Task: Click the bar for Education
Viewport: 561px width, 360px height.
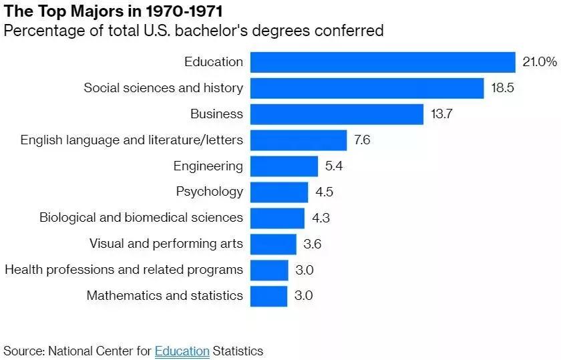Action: pos(383,62)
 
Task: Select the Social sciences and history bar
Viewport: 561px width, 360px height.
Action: pos(367,88)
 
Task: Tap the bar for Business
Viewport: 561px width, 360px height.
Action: pos(337,114)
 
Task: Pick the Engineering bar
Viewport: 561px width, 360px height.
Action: pos(284,166)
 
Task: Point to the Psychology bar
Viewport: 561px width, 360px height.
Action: pos(279,192)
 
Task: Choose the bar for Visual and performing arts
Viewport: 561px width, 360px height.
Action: pos(273,244)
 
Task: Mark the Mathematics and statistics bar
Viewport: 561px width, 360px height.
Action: pos(268,296)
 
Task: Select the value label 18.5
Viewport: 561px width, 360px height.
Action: pos(502,88)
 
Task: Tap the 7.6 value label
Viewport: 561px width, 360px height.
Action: pos(362,140)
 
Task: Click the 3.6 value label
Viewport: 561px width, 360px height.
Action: pos(312,244)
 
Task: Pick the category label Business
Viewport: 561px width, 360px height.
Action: pos(216,114)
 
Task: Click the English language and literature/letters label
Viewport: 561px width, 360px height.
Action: pos(132,140)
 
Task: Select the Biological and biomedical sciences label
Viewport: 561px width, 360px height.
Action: pos(141,218)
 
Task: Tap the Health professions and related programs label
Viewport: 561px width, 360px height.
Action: pos(124,270)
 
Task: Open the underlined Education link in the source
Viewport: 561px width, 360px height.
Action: pos(182,351)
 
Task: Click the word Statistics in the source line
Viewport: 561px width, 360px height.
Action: pos(238,351)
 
